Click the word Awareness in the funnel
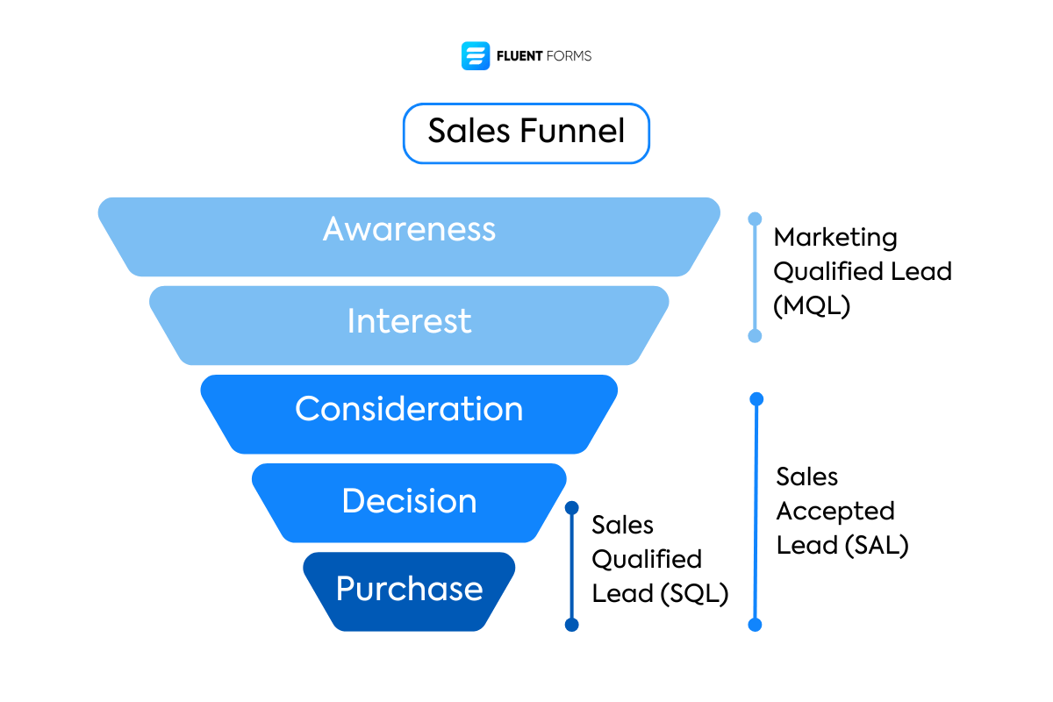(x=409, y=229)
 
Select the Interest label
(x=409, y=321)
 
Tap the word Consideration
(x=409, y=409)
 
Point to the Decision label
(x=409, y=501)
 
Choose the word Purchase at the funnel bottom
(x=409, y=589)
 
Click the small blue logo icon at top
(x=476, y=56)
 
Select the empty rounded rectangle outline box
(x=526, y=133)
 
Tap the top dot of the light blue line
(x=755, y=218)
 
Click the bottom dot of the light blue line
(x=755, y=336)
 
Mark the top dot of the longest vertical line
(x=756, y=399)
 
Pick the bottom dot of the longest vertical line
(x=755, y=625)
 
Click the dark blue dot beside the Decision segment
(x=572, y=508)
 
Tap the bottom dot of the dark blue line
(x=572, y=625)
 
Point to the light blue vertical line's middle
(x=755, y=277)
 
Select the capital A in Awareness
(x=334, y=230)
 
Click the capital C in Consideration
(x=307, y=409)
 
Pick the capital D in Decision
(x=353, y=501)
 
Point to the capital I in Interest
(x=351, y=321)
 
